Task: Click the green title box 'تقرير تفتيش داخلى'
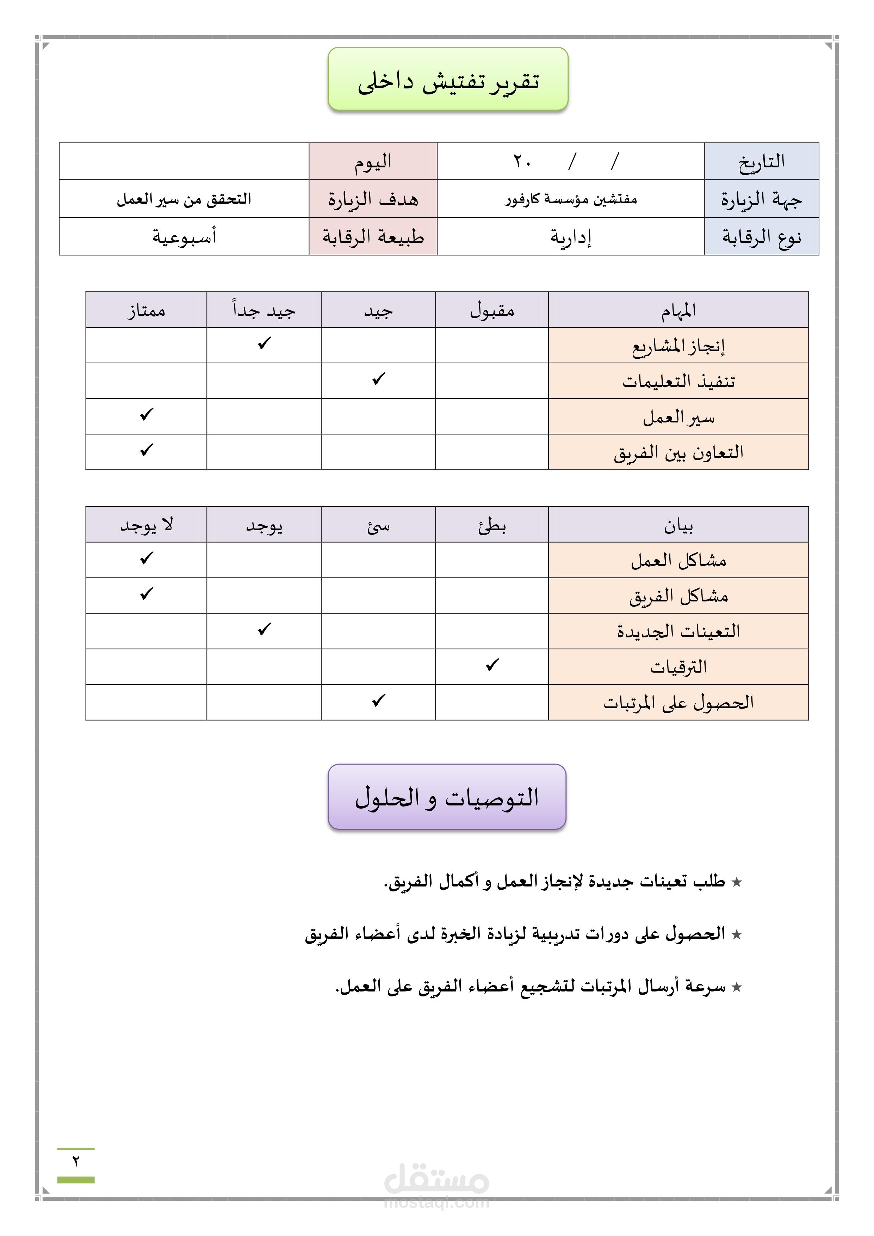[x=448, y=79]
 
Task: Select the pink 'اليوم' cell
[x=372, y=161]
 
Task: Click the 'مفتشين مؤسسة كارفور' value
[x=570, y=199]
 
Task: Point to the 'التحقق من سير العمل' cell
[x=184, y=199]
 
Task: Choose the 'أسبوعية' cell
[x=184, y=236]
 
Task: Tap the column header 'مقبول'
[x=492, y=310]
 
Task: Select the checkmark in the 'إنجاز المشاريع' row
[x=264, y=344]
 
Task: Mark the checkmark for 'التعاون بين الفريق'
[x=147, y=450]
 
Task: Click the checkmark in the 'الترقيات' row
[x=492, y=665]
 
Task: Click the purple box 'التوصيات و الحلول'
[x=447, y=797]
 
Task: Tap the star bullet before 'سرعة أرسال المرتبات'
[x=737, y=987]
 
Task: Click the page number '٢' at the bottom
[x=75, y=1162]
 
